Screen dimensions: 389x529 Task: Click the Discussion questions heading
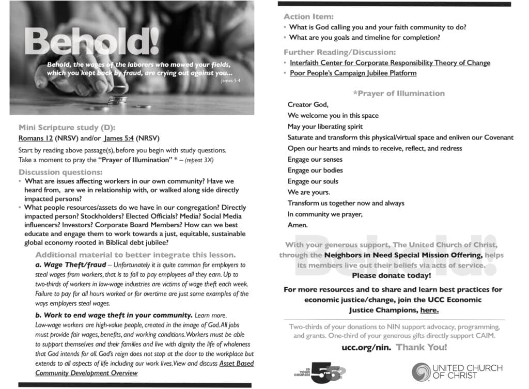click(x=60, y=172)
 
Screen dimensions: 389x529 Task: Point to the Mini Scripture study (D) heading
click(x=67, y=128)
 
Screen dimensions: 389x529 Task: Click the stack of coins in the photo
click(x=117, y=98)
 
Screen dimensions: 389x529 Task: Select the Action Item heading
click(x=308, y=17)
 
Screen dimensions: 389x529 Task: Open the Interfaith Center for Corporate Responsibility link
click(x=390, y=63)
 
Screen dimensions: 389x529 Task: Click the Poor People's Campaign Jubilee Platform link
click(x=353, y=73)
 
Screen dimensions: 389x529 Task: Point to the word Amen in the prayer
click(x=298, y=225)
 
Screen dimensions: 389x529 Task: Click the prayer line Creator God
click(x=308, y=105)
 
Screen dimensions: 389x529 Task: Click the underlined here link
click(x=429, y=310)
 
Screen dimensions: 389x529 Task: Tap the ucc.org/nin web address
click(x=366, y=347)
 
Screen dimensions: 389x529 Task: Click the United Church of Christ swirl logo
click(x=420, y=371)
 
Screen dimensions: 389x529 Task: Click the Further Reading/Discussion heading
click(x=339, y=52)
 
